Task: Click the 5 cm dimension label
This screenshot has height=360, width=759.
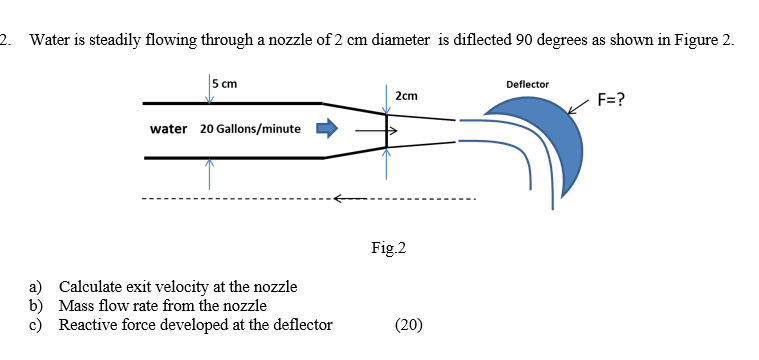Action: tap(225, 84)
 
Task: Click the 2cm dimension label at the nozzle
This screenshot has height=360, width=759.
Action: tap(406, 96)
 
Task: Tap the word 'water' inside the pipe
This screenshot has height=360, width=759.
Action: tap(168, 129)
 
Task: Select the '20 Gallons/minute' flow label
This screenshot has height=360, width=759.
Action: tap(250, 129)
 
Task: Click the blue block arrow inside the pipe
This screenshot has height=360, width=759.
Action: tap(328, 128)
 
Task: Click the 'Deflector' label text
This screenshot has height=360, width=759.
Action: tap(527, 84)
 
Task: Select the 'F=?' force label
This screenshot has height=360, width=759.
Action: tap(611, 100)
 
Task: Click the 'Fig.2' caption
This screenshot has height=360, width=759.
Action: tap(388, 247)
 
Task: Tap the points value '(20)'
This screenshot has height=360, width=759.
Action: tap(408, 323)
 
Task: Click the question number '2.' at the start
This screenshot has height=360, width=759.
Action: tap(7, 41)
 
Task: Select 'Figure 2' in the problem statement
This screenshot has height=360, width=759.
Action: tap(705, 41)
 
